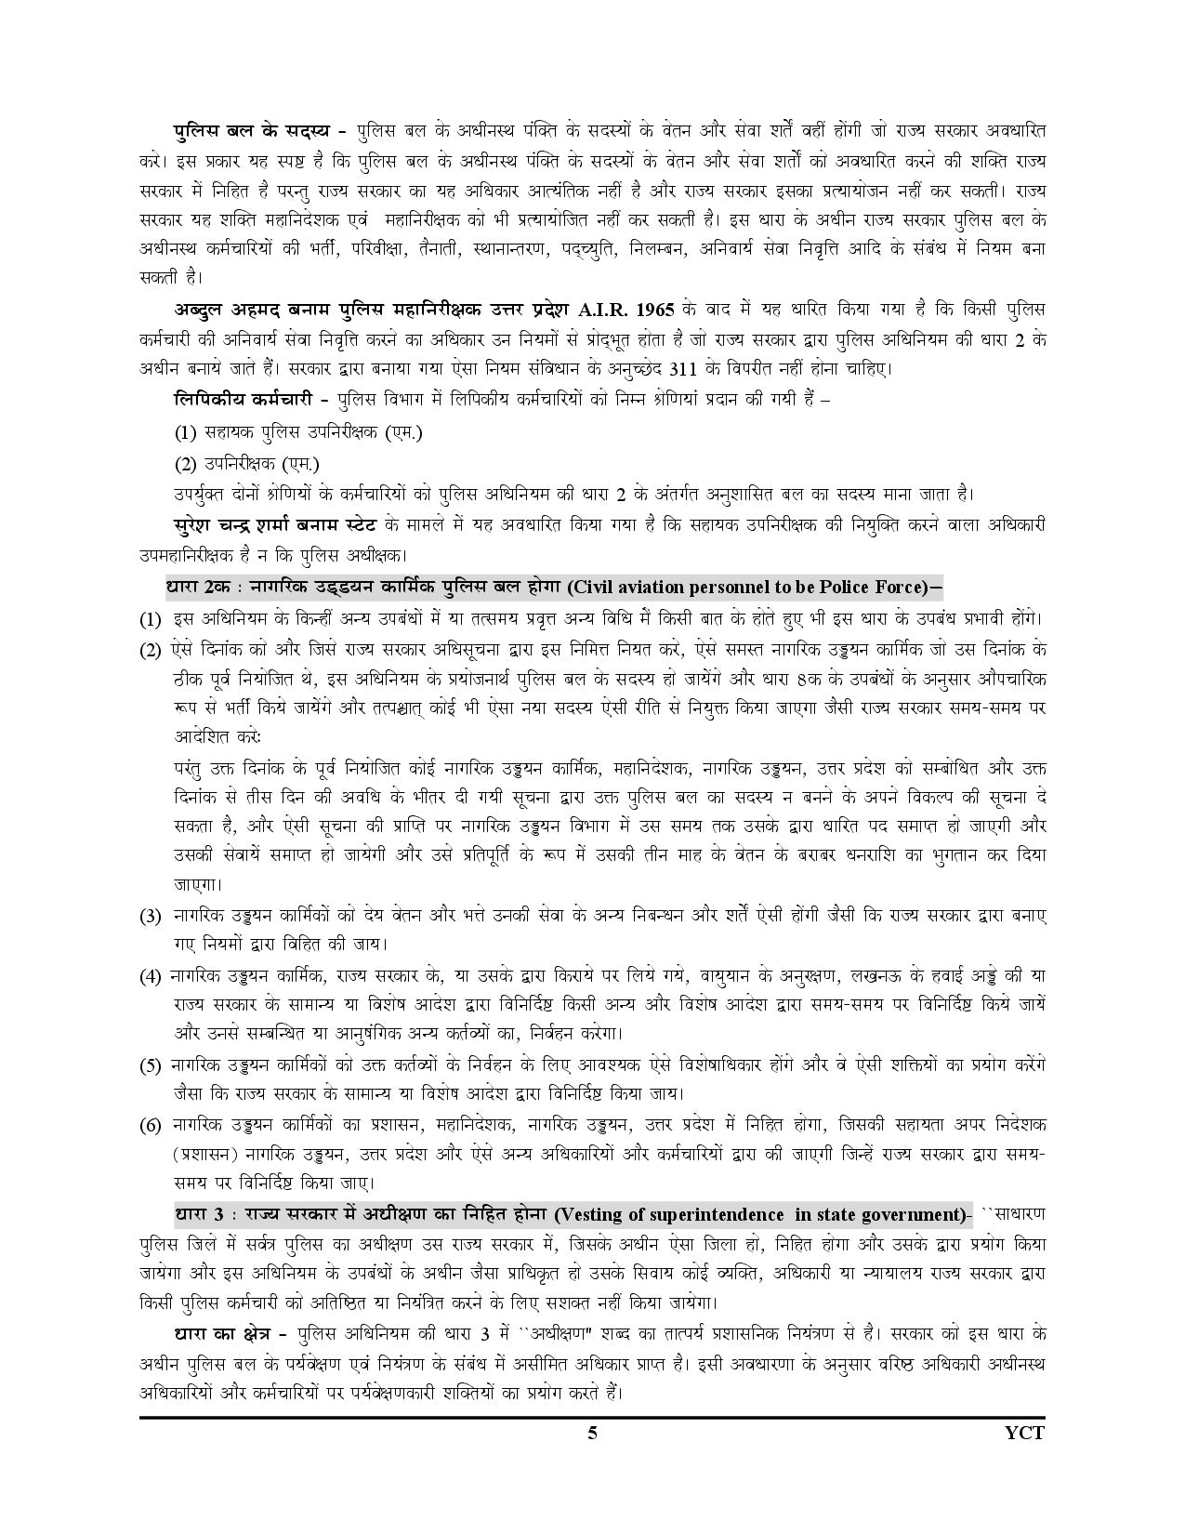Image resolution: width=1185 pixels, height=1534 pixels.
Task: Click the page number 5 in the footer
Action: (592, 1433)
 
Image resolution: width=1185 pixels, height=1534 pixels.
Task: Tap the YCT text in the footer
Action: (1025, 1433)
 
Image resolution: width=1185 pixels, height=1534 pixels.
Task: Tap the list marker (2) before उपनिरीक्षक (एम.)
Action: (187, 463)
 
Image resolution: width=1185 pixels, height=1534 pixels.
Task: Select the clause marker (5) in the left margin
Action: (151, 1065)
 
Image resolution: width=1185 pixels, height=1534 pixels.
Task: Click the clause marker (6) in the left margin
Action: (151, 1126)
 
